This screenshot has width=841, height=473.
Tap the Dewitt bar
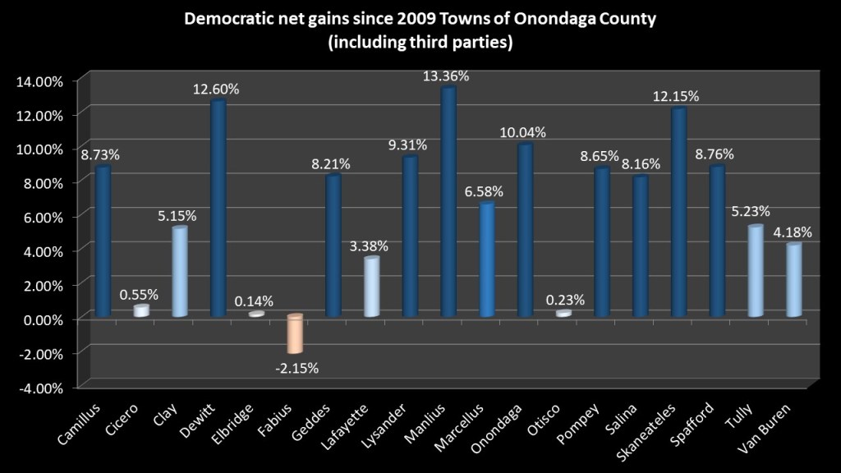pyautogui.click(x=218, y=209)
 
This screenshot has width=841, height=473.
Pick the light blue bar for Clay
pyautogui.click(x=180, y=272)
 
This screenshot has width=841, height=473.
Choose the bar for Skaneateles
pyautogui.click(x=678, y=213)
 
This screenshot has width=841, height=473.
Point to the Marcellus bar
pyautogui.click(x=487, y=259)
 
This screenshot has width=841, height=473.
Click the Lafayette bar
pyautogui.click(x=372, y=287)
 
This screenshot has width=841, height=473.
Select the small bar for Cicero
pyautogui.click(x=141, y=310)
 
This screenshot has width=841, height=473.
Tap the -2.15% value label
pyautogui.click(x=296, y=367)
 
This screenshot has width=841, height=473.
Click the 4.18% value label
pyautogui.click(x=793, y=232)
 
